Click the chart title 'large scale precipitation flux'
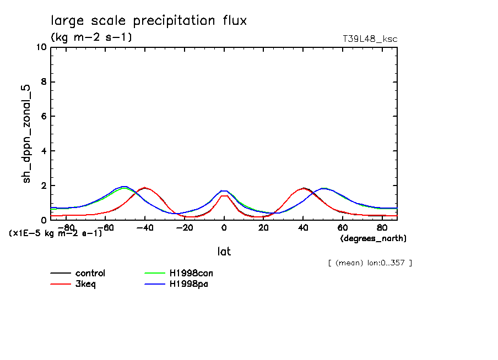[149, 21]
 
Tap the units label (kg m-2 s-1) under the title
[91, 37]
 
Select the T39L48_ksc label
[370, 39]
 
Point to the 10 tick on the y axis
[41, 47]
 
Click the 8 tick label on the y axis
[44, 82]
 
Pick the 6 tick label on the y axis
[44, 116]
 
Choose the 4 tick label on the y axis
[44, 151]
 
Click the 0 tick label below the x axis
[224, 227]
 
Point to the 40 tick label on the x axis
[303, 227]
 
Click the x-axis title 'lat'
[224, 252]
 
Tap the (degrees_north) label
[373, 238]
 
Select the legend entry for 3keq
[85, 284]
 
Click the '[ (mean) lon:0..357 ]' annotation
[370, 263]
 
